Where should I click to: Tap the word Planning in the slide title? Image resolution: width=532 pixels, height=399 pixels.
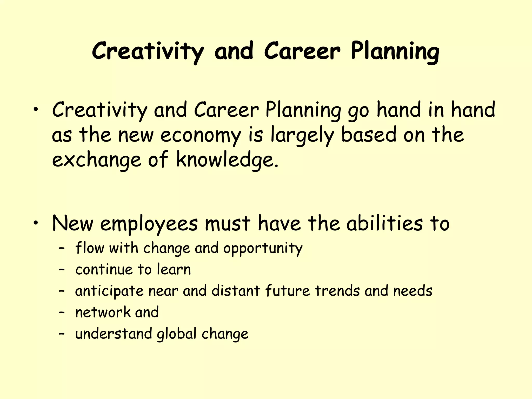click(395, 51)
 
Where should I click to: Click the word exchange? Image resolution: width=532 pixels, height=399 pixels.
click(96, 160)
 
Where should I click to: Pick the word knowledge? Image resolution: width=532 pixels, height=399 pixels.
click(227, 160)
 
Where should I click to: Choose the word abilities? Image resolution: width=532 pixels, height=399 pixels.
click(385, 223)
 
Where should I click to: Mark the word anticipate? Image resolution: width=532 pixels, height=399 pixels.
click(109, 291)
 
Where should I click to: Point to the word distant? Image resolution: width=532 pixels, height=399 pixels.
click(236, 291)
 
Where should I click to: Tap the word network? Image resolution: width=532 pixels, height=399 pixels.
click(103, 312)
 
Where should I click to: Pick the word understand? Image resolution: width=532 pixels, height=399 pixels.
click(114, 334)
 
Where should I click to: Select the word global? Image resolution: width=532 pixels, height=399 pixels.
click(177, 334)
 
